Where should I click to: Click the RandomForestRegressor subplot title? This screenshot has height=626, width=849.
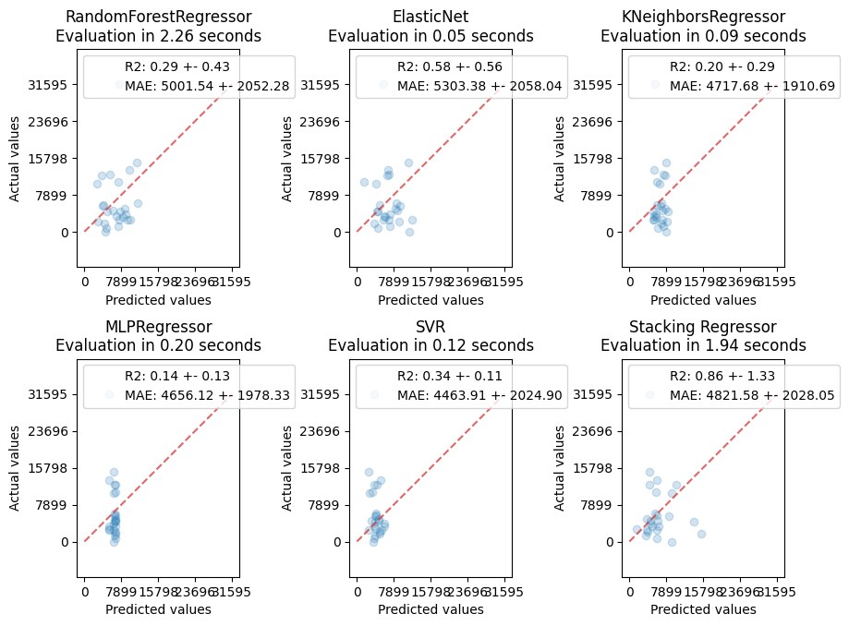158,17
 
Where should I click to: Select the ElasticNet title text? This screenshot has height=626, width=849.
431,17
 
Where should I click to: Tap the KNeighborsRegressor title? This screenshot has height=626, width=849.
703,17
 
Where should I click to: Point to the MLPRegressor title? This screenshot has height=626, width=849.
158,326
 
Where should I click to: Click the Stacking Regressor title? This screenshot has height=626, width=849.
703,326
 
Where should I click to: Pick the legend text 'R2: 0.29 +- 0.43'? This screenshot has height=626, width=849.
177,67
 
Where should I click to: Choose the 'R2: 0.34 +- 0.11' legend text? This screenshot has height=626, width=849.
450,377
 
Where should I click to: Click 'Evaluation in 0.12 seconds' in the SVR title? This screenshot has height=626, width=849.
431,345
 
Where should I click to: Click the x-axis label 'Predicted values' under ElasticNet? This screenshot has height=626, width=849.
431,300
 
